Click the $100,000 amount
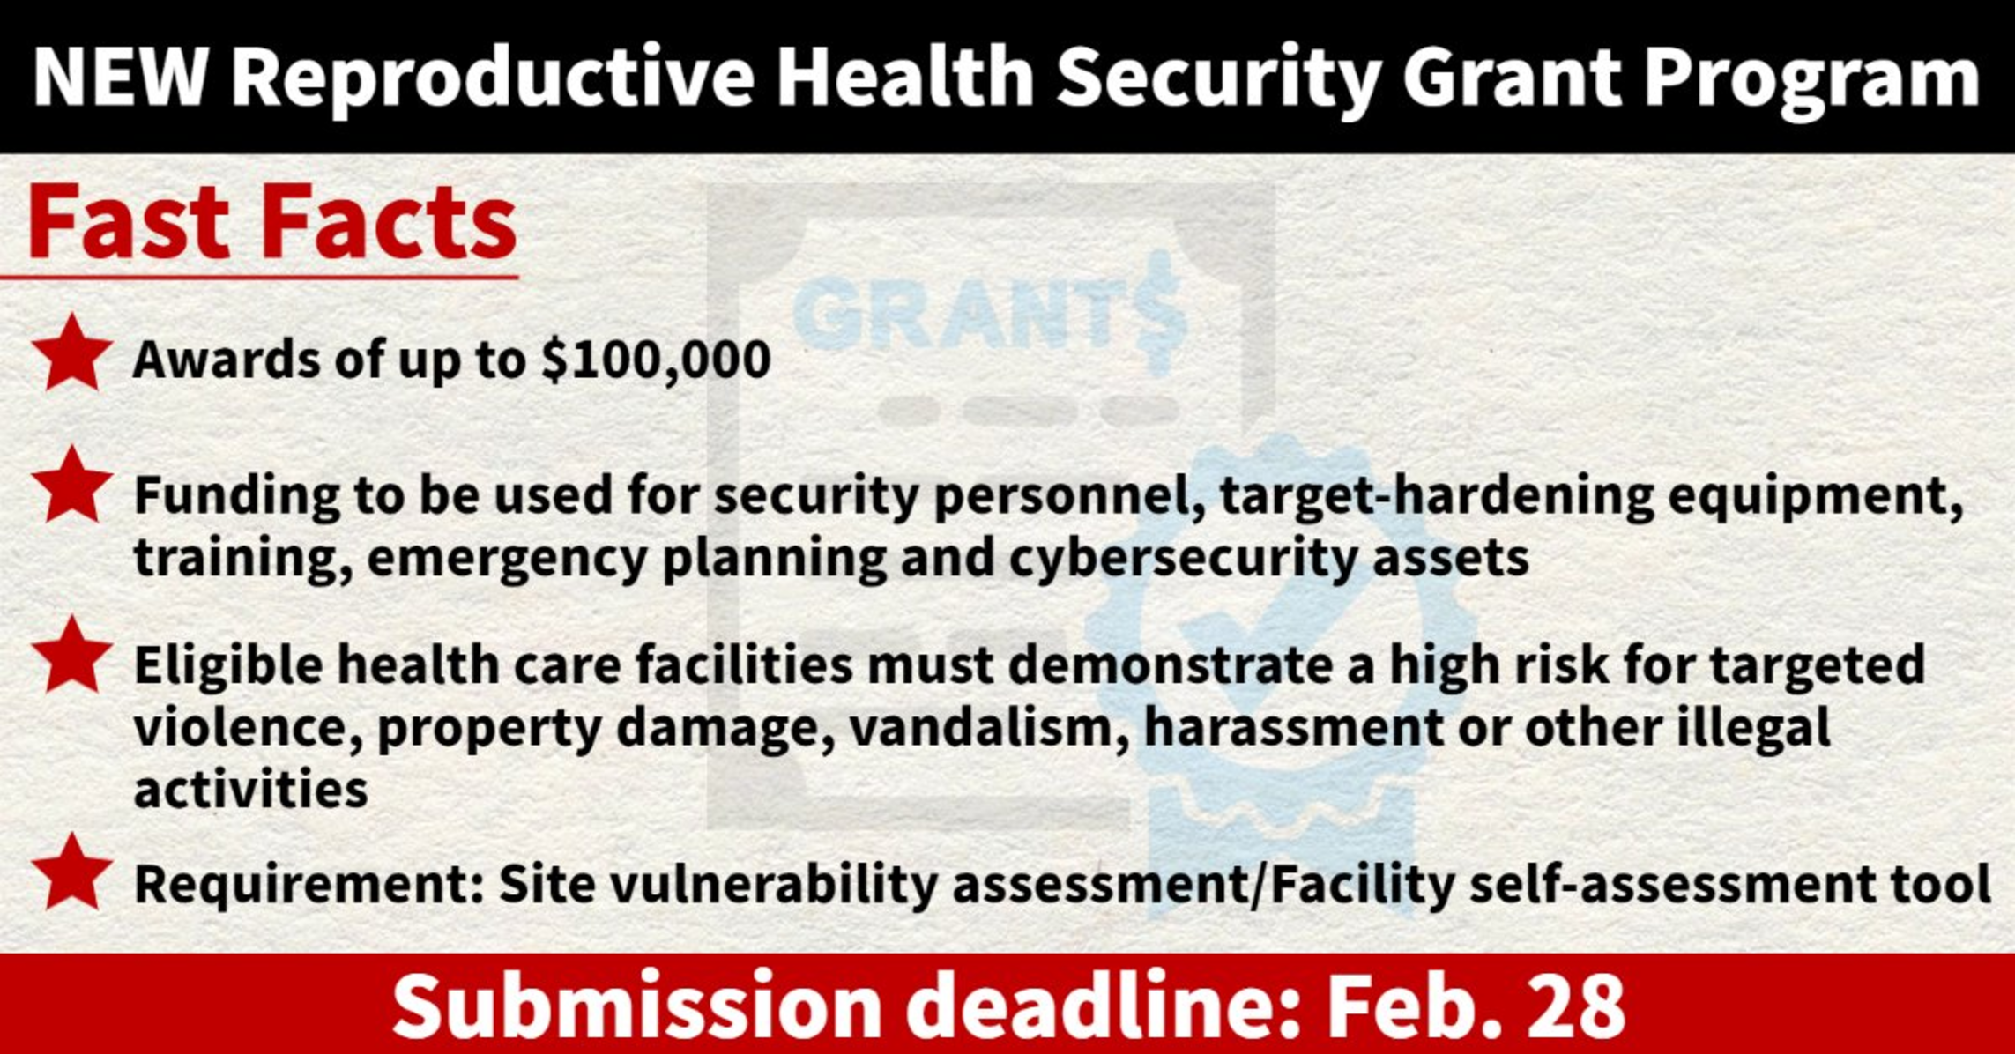tap(657, 360)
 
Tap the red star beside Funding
tap(71, 484)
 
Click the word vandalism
tap(990, 728)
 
